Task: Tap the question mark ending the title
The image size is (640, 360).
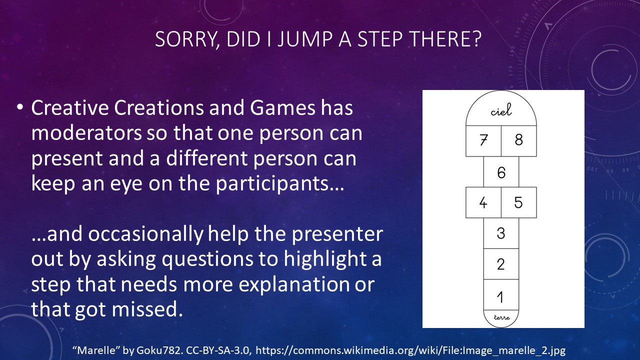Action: [475, 39]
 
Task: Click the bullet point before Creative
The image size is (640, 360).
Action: [19, 107]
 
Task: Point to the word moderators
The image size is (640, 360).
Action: [86, 133]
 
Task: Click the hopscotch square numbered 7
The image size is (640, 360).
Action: [483, 141]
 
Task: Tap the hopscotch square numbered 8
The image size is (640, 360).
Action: [519, 141]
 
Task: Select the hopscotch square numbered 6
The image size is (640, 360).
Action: [501, 171]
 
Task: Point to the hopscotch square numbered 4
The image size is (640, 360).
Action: [483, 202]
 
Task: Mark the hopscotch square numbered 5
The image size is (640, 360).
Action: [519, 202]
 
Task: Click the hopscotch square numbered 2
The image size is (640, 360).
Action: [501, 264]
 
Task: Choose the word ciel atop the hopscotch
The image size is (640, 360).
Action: [501, 110]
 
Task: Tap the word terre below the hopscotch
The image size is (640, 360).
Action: [501, 317]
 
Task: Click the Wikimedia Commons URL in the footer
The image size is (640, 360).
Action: [410, 350]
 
